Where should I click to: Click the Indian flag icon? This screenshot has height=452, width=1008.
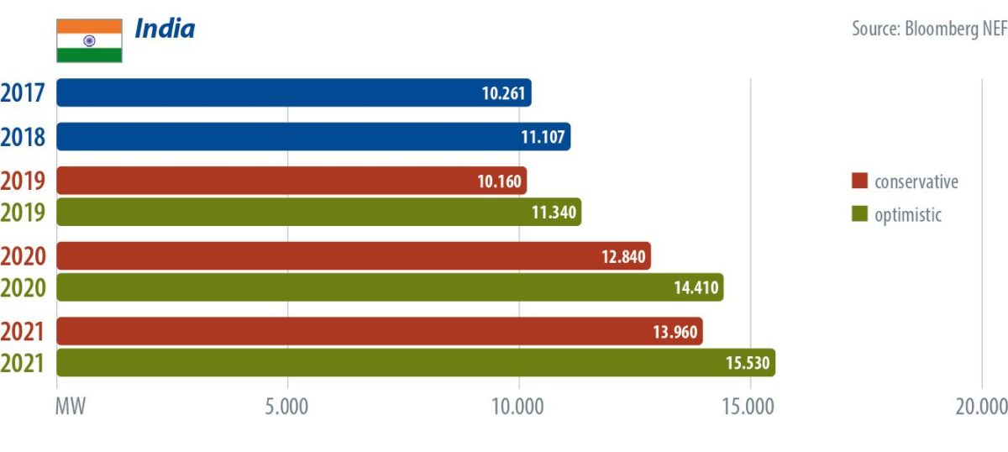tap(89, 40)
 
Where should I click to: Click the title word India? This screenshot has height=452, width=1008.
tap(165, 29)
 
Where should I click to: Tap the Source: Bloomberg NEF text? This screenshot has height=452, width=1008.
tap(929, 29)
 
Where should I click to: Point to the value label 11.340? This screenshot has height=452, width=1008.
tap(554, 213)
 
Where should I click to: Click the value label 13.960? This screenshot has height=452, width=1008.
tap(675, 332)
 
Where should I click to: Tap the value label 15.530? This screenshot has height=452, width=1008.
tap(748, 363)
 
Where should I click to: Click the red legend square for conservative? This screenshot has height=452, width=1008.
tap(858, 181)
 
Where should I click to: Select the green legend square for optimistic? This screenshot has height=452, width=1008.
tap(858, 214)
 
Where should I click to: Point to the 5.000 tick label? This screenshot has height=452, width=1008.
tap(286, 407)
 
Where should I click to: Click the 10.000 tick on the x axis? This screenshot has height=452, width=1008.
tap(517, 407)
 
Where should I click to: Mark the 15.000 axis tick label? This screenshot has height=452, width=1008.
tap(749, 407)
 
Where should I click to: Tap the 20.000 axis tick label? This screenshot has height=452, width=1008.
tap(980, 407)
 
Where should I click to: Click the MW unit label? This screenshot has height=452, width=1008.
tap(71, 407)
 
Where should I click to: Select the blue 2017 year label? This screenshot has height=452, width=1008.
tap(23, 92)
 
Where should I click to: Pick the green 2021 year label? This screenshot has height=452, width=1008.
tap(23, 363)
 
